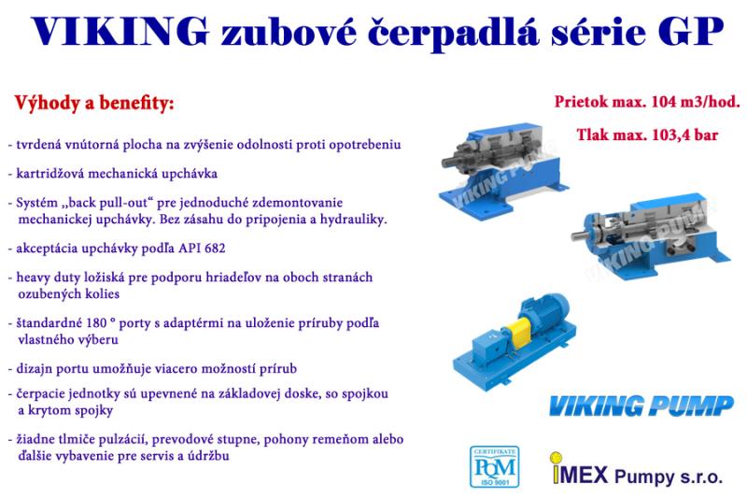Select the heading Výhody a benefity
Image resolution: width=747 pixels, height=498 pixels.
94,103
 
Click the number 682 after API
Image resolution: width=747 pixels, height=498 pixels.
214,249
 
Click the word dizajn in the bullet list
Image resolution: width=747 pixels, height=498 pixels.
35,368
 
